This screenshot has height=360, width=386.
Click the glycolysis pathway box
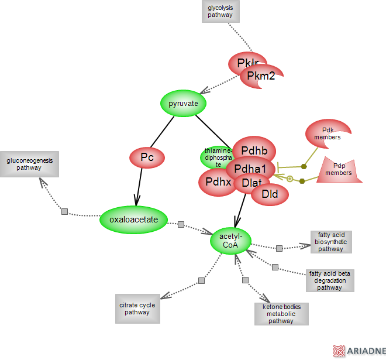pos(220,11)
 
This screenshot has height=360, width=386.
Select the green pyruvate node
pos(184,104)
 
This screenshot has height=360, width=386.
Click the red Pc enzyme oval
pos(147,157)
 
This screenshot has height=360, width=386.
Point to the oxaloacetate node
pos(134,220)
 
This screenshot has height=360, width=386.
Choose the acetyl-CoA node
pos(230,241)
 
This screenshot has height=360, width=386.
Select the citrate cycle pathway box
pos(137,308)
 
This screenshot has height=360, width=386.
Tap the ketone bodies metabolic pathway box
pos(281,314)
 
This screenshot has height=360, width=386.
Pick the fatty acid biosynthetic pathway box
pos(331,242)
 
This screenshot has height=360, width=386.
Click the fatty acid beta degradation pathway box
pos(329,280)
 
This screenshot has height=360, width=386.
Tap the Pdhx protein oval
pos(218,182)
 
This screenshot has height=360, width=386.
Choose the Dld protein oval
pos(270,194)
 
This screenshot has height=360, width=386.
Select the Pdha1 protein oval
pos(250,169)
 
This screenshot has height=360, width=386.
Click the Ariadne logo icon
pos(339,351)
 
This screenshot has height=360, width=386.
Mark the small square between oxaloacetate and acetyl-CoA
pos(181,225)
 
